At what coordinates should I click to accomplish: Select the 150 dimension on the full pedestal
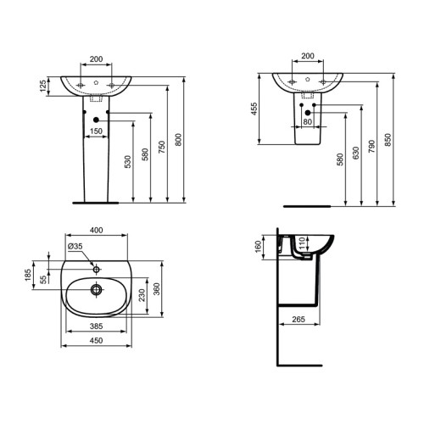[x=98, y=131]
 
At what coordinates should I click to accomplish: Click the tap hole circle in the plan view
[x=98, y=268]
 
